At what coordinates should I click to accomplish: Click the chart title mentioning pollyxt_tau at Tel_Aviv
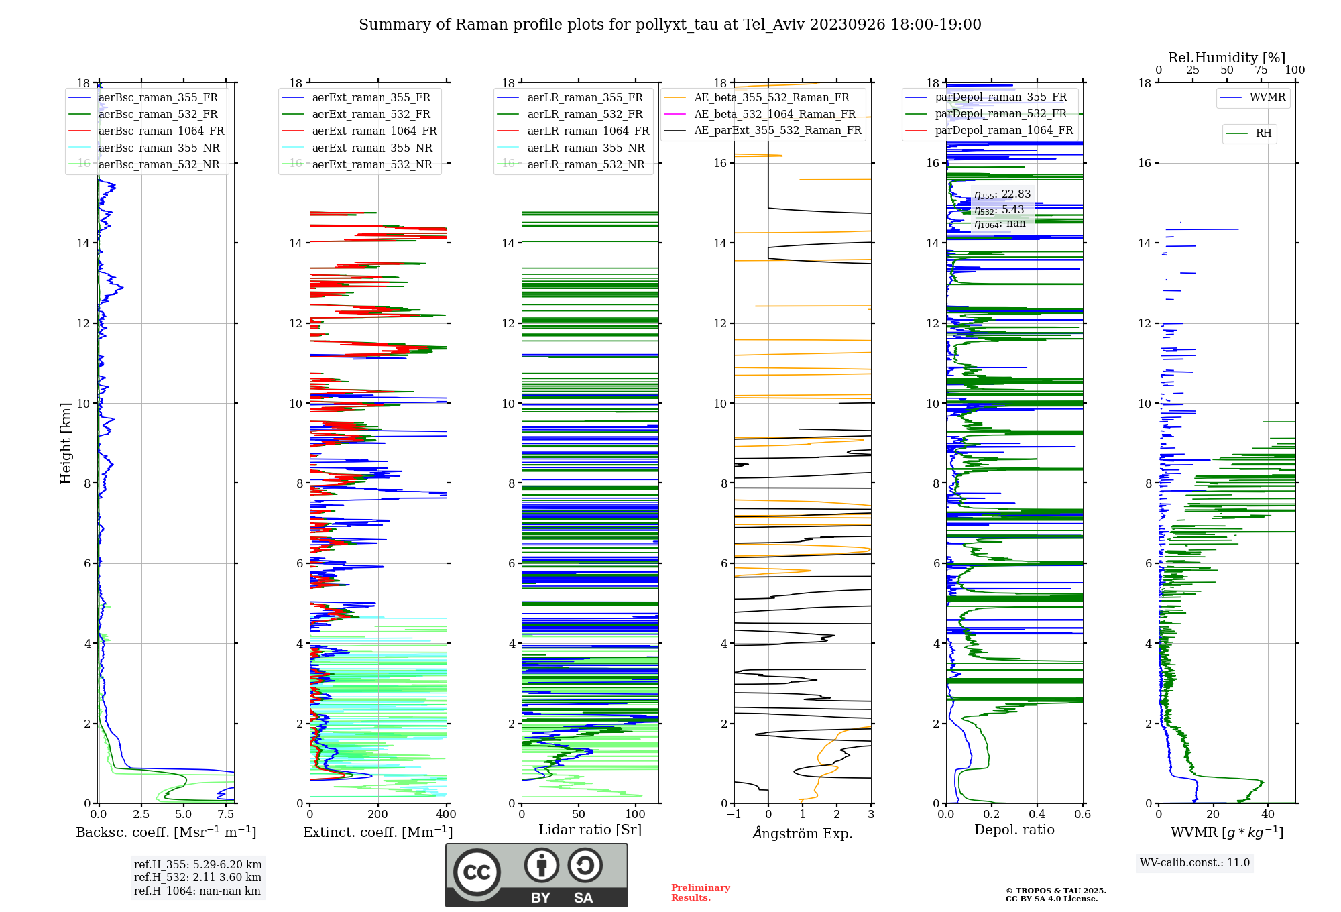click(x=670, y=25)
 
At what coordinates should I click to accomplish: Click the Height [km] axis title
click(x=66, y=443)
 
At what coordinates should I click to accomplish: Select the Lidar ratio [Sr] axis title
click(x=590, y=830)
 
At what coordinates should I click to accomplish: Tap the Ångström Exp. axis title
click(x=803, y=834)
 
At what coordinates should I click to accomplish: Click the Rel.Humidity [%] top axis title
click(x=1226, y=58)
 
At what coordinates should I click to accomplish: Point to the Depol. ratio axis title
click(x=1014, y=830)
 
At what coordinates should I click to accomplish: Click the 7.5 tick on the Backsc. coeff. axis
click(x=226, y=815)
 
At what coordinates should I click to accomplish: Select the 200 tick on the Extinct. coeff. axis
click(x=378, y=815)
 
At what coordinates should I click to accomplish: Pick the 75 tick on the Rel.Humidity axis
click(x=1261, y=70)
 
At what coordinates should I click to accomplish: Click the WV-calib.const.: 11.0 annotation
click(x=1195, y=863)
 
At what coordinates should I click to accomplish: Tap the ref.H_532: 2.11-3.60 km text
click(x=198, y=878)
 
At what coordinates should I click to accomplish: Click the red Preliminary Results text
click(x=700, y=893)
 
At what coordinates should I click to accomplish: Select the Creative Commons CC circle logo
click(x=477, y=872)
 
